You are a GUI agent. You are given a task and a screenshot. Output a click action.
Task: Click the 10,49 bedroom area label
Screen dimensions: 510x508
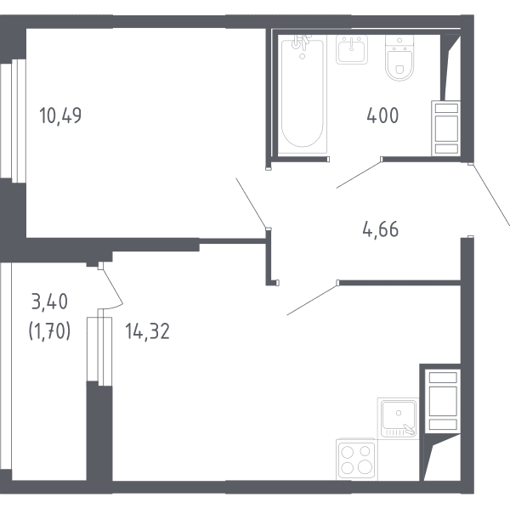[60, 116]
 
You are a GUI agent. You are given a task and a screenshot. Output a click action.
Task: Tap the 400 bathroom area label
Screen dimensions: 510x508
[382, 116]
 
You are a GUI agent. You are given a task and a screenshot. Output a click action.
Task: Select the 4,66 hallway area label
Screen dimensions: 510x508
[380, 229]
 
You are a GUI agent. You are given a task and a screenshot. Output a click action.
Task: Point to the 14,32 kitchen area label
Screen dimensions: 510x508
[147, 331]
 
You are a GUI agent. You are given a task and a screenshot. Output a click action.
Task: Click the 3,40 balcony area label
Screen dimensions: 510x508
[49, 302]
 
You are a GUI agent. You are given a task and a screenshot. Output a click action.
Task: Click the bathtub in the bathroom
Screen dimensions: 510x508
[303, 94]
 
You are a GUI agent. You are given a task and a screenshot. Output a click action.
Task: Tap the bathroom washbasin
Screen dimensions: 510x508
[352, 49]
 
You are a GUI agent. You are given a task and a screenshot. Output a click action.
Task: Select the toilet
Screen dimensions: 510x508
[399, 58]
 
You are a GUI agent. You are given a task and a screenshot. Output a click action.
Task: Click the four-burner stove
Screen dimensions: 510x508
[356, 460]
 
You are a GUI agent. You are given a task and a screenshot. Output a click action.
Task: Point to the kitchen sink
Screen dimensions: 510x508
[399, 418]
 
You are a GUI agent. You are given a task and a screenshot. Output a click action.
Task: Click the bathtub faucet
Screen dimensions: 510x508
[301, 43]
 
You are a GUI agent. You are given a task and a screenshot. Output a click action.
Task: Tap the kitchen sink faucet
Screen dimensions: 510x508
[409, 429]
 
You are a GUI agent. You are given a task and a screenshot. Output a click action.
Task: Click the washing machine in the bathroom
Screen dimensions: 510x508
[446, 128]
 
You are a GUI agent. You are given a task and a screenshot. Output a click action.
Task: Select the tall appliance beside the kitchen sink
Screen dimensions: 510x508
[443, 401]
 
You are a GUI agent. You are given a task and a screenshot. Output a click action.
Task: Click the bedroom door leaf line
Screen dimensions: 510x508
[251, 203]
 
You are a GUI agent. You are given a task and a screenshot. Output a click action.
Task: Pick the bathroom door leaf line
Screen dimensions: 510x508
[359, 174]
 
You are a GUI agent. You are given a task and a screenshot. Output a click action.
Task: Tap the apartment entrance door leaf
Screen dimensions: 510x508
[490, 195]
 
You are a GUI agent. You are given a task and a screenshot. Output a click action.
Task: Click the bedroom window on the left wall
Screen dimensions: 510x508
[13, 121]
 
